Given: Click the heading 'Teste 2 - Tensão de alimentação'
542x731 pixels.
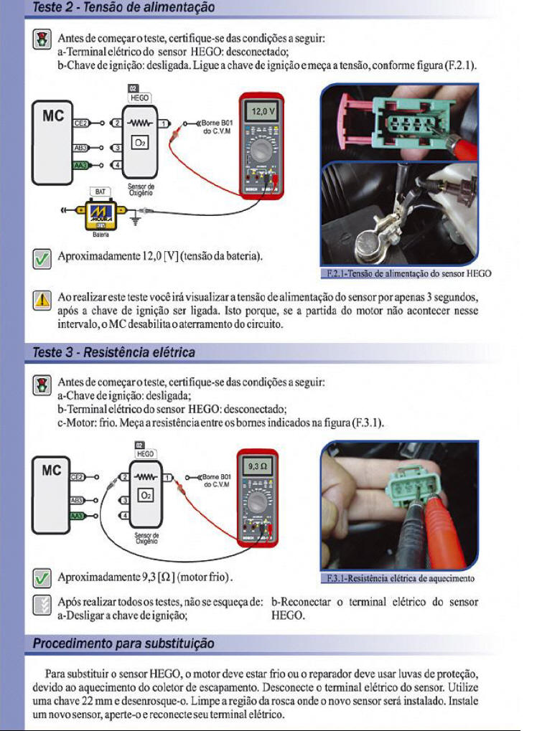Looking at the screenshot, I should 123,8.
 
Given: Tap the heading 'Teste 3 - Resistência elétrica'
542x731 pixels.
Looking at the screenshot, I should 113,352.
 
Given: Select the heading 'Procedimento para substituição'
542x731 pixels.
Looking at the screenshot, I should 123,643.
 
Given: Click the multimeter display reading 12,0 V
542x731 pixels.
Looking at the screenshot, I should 260,113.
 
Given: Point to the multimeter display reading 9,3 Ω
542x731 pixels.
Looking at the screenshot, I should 258,466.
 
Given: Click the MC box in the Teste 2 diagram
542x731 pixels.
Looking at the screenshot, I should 52,143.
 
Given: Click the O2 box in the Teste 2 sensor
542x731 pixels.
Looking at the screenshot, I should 139,143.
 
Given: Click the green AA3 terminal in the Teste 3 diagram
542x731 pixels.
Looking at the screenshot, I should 80,516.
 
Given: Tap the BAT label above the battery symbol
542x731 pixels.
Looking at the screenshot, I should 100,192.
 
